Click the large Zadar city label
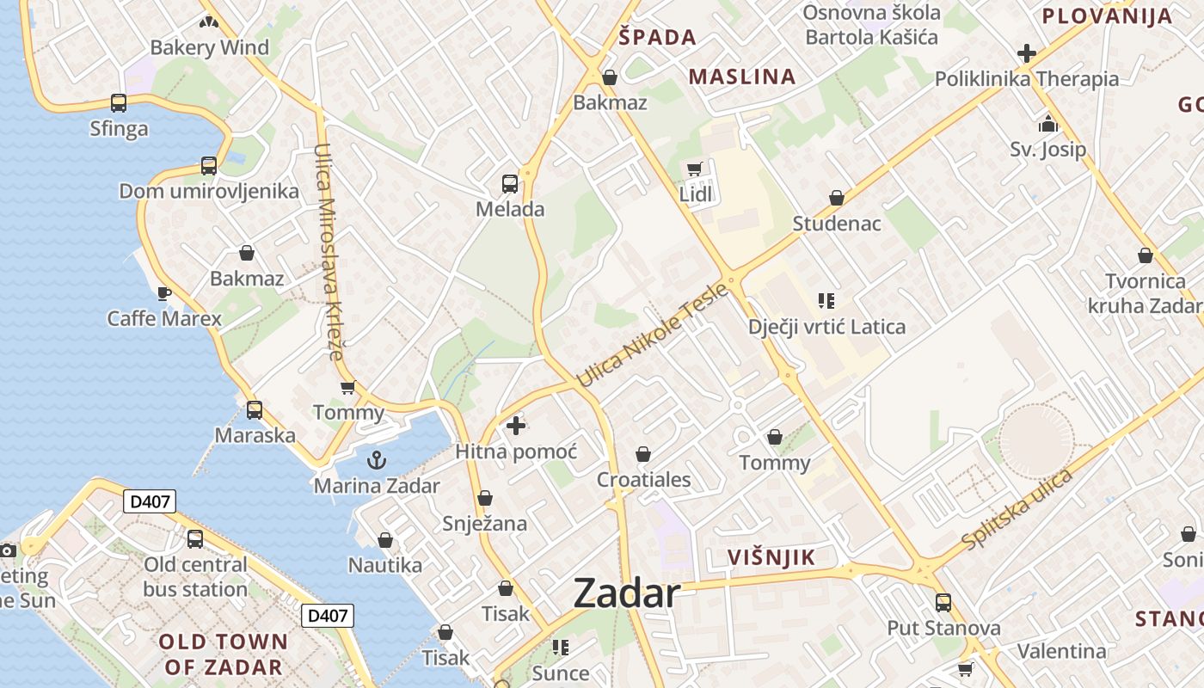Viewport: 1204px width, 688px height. coord(626,593)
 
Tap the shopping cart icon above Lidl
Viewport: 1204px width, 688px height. coord(695,169)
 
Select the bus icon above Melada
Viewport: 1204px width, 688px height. coord(510,183)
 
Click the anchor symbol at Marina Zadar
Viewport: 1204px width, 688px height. coord(376,461)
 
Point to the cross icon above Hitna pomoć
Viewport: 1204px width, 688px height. coord(516,426)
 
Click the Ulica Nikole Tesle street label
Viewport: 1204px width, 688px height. coord(653,335)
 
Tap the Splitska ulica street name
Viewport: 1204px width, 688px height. coord(1018,509)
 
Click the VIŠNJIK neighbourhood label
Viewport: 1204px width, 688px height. coord(771,557)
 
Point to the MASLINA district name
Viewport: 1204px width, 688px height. coord(742,77)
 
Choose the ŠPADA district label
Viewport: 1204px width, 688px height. coord(658,37)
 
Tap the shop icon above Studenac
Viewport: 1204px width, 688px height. coord(836,198)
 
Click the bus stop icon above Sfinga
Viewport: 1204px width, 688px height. coord(119,103)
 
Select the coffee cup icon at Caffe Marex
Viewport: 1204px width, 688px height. coord(163,294)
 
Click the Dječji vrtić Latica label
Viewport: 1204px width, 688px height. coord(826,327)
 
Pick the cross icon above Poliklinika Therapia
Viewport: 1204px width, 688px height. coord(1026,53)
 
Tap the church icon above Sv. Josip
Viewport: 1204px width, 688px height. coord(1047,124)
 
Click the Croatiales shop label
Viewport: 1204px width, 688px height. coord(644,479)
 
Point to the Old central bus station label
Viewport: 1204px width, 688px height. coord(195,577)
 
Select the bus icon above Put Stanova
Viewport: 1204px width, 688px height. coord(943,602)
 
